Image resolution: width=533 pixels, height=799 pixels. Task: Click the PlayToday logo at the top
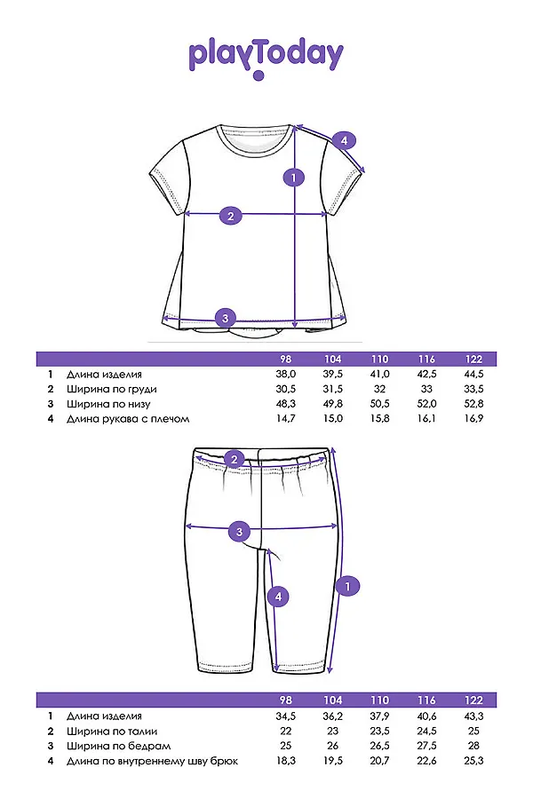click(x=266, y=57)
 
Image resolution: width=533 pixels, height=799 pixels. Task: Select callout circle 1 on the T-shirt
click(x=294, y=178)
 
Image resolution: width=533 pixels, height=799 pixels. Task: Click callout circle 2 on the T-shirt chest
click(x=230, y=216)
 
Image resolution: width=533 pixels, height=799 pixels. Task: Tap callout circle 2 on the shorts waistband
click(x=235, y=459)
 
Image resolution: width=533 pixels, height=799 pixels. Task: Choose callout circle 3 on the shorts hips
click(x=238, y=533)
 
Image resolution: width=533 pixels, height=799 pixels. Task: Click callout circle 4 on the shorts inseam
click(x=278, y=597)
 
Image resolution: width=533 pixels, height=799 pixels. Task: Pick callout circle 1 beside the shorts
click(x=348, y=586)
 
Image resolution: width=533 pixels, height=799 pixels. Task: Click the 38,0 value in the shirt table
click(x=286, y=375)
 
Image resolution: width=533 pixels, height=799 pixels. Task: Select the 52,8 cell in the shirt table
click(x=473, y=404)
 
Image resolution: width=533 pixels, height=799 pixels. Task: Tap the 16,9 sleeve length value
click(x=473, y=419)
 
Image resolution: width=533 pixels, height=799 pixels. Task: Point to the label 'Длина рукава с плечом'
click(x=128, y=419)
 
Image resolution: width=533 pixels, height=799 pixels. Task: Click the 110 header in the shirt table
click(x=379, y=360)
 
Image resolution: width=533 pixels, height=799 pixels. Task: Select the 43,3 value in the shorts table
click(x=473, y=716)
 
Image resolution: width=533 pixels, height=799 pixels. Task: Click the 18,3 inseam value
click(x=286, y=761)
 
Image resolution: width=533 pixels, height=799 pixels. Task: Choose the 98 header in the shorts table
click(x=286, y=700)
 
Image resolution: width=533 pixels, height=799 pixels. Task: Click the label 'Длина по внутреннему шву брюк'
click(x=152, y=761)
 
